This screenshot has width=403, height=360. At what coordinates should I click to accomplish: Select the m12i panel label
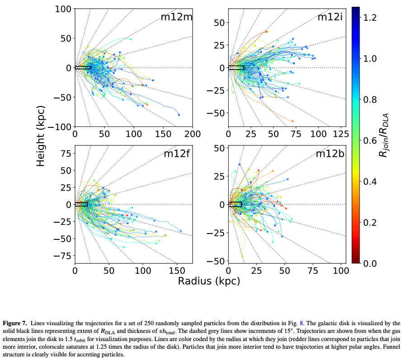(x=330, y=17)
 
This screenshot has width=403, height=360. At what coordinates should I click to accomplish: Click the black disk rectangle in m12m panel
(x=83, y=68)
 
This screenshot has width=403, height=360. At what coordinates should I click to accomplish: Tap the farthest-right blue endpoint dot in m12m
(x=179, y=115)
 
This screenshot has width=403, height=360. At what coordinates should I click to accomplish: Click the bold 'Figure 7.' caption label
(x=16, y=323)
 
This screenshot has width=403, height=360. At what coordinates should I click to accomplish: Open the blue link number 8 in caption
(x=302, y=323)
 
